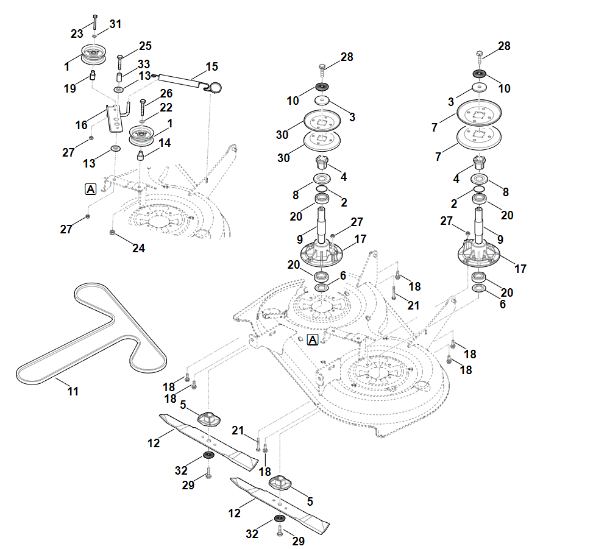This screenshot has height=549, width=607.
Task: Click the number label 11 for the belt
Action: pyautogui.click(x=73, y=391)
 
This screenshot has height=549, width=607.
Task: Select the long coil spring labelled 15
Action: pyautogui.click(x=183, y=79)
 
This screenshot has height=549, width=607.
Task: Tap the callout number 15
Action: pyautogui.click(x=211, y=66)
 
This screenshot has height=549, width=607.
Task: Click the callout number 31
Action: pyautogui.click(x=115, y=24)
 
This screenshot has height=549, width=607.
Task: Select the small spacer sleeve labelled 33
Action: pyautogui.click(x=121, y=78)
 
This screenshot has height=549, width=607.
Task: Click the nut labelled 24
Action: pyautogui.click(x=113, y=233)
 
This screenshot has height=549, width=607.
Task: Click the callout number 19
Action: pyautogui.click(x=70, y=88)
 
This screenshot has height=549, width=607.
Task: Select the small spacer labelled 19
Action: pyautogui.click(x=94, y=76)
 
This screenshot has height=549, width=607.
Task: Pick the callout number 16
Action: pyautogui.click(x=81, y=125)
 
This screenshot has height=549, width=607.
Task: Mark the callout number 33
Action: pyautogui.click(x=144, y=64)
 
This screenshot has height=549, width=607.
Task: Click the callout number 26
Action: pyautogui.click(x=166, y=93)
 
